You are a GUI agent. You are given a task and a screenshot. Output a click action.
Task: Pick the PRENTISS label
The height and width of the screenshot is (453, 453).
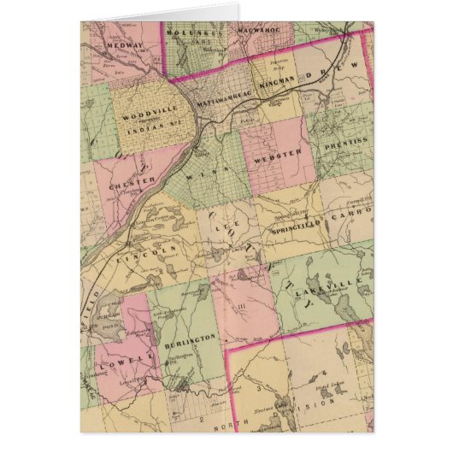pos(344,148)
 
